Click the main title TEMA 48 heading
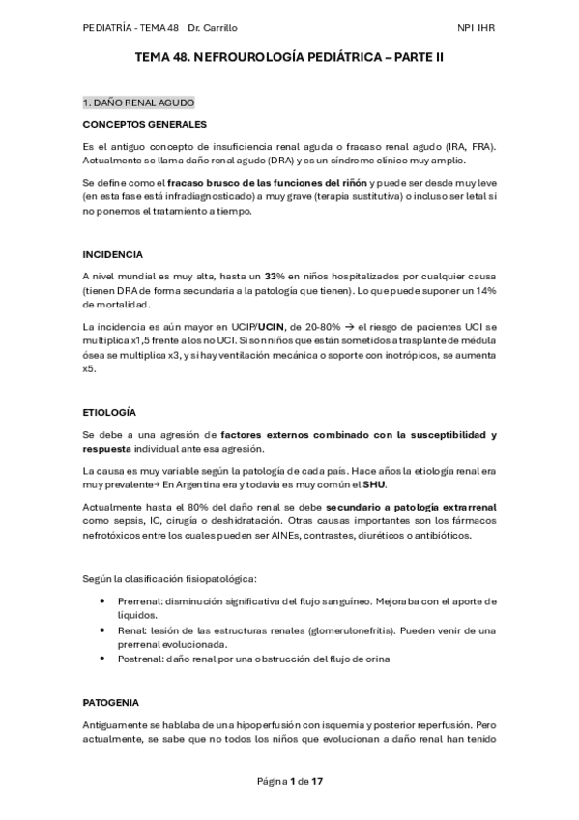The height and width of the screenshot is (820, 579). [289, 58]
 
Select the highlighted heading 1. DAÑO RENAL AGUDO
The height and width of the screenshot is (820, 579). [139, 102]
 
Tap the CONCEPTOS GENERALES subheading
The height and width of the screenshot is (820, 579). [144, 124]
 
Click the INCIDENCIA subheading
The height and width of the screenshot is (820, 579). [112, 254]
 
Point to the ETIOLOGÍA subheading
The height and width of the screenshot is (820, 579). [110, 412]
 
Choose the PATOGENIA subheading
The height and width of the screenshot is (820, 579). [110, 701]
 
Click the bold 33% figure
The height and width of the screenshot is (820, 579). [275, 277]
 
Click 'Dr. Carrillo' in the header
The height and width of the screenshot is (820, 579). [215, 28]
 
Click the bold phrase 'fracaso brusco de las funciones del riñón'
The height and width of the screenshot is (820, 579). [266, 182]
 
